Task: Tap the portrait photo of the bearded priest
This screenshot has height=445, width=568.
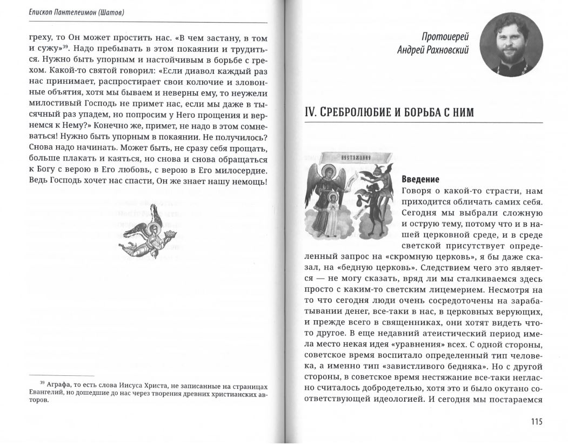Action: [511, 44]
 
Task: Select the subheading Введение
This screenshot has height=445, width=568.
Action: [420, 179]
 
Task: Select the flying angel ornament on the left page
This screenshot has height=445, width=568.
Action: [141, 231]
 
